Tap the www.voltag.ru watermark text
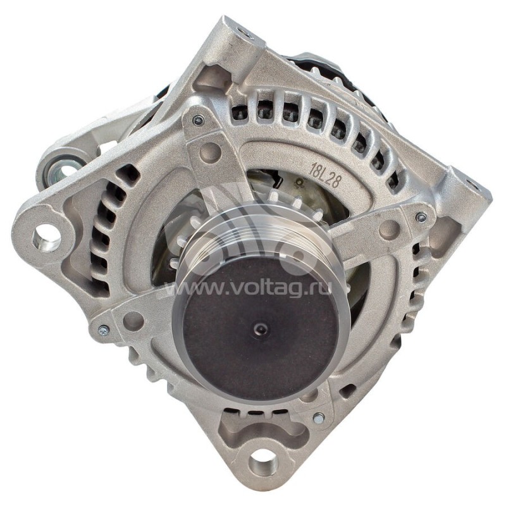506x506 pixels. pos(248,287)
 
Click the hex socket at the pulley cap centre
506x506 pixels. pos(260,329)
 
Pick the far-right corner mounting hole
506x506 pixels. pos(473,185)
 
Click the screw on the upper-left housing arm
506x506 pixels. pos(197,120)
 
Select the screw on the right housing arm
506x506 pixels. pos(421,217)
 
